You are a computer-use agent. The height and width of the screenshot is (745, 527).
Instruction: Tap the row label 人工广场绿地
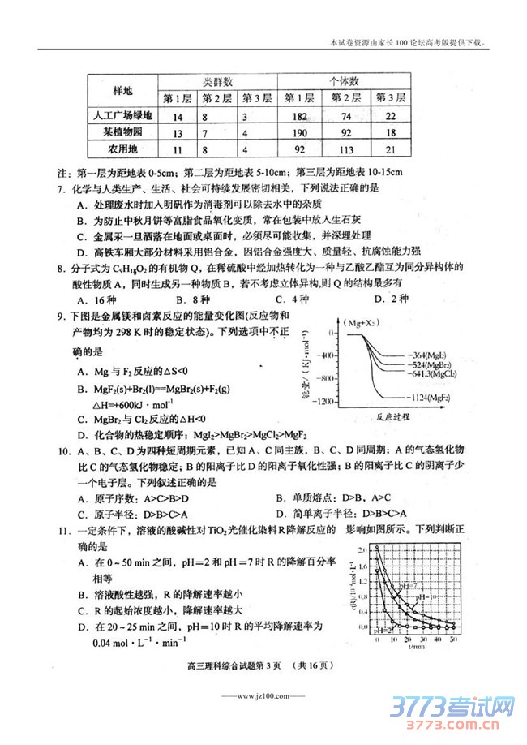tap(122, 115)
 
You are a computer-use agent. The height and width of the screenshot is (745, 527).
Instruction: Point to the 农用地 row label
tap(122, 149)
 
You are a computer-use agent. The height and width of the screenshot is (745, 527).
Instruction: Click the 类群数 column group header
tap(217, 82)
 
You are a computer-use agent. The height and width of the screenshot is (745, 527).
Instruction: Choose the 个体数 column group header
tap(345, 82)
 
